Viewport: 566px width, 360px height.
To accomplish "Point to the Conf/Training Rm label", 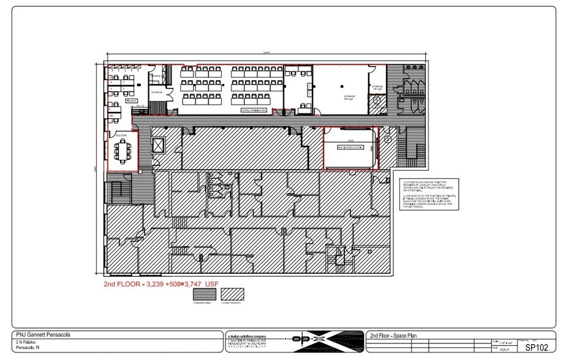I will point(252,110).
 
